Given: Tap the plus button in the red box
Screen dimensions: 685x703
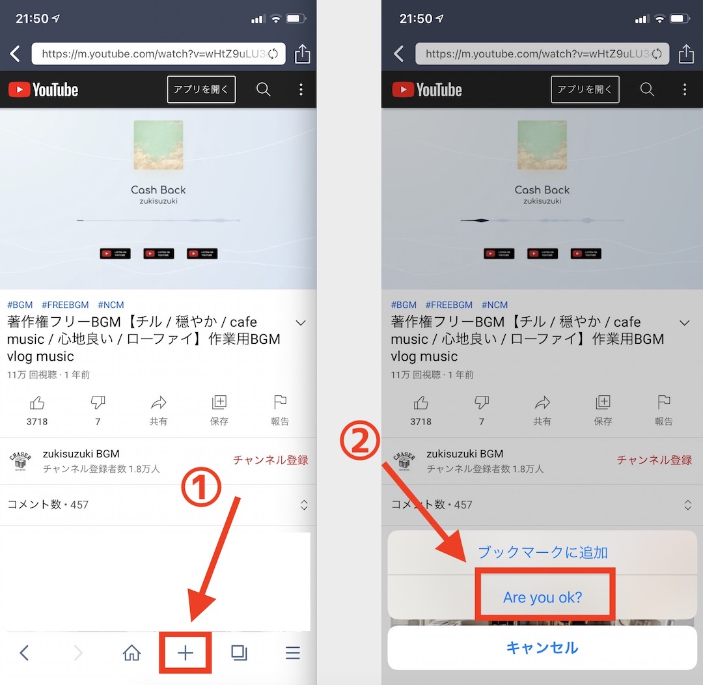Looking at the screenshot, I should tap(186, 652).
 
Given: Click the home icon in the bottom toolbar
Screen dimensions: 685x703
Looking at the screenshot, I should tap(131, 652).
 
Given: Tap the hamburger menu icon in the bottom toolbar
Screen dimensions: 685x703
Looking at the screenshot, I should tap(293, 652).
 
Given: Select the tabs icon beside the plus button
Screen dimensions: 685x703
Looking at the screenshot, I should tap(239, 652).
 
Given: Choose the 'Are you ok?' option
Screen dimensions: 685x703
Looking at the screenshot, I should tap(542, 597).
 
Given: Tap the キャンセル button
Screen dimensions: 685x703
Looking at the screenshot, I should tap(542, 648).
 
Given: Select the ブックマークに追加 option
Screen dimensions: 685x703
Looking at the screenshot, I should tap(542, 553).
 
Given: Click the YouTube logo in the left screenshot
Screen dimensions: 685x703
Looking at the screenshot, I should tap(44, 90).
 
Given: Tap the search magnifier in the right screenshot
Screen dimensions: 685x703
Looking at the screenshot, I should tap(647, 89).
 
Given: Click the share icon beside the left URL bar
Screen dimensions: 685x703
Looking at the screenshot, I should tap(302, 54).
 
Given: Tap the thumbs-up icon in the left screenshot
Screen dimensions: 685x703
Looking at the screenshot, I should tap(37, 402).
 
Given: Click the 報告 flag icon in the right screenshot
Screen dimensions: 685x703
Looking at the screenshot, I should tap(663, 402).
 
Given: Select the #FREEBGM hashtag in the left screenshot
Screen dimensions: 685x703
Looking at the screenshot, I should tap(65, 305).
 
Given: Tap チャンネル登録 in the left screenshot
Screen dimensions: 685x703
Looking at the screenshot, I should tap(270, 460).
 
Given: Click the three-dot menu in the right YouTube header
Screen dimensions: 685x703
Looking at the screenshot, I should tap(684, 89).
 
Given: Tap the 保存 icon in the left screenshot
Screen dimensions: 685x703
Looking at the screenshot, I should tap(219, 402).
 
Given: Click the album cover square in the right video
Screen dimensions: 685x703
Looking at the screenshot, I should tap(542, 145).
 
